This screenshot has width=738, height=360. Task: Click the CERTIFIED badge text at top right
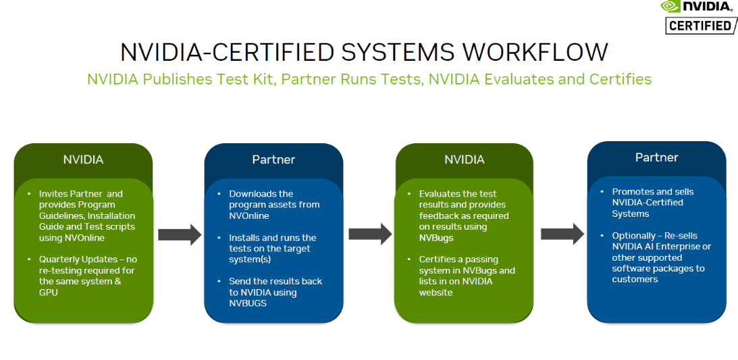coord(700,26)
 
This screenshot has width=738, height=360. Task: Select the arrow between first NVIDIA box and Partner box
coord(180,234)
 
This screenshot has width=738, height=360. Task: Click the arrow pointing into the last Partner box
coord(562,234)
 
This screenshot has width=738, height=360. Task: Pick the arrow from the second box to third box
coord(370,234)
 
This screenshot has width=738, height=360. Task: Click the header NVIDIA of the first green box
coord(83,160)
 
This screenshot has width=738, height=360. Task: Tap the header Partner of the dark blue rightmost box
coord(656,157)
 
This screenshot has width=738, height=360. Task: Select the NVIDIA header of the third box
coord(464,160)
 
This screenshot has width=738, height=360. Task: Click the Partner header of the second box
coord(273,160)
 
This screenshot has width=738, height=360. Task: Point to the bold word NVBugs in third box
coord(436,238)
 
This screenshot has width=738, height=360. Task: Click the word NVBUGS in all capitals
coord(248,303)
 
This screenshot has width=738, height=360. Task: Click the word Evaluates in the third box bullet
coord(440,194)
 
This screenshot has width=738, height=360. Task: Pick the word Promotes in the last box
coord(632,192)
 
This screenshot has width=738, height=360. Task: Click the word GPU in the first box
coord(49,292)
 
